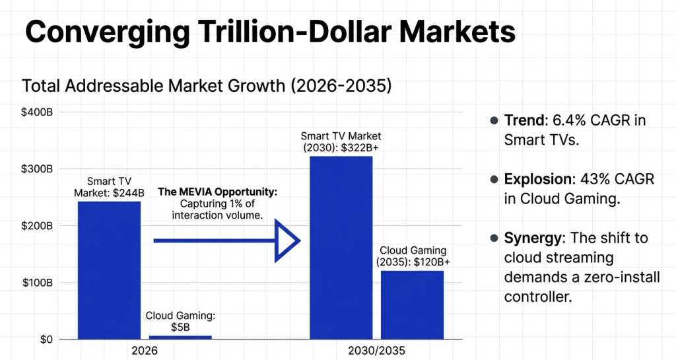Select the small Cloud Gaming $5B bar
(x=180, y=337)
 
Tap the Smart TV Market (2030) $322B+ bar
(x=341, y=248)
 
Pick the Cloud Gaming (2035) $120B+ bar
(x=413, y=305)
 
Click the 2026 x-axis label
(x=145, y=351)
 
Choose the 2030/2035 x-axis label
(x=377, y=351)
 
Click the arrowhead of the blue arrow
(x=288, y=241)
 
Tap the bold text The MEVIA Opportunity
(x=218, y=192)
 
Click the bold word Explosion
(x=533, y=179)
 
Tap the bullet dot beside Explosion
(x=493, y=179)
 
